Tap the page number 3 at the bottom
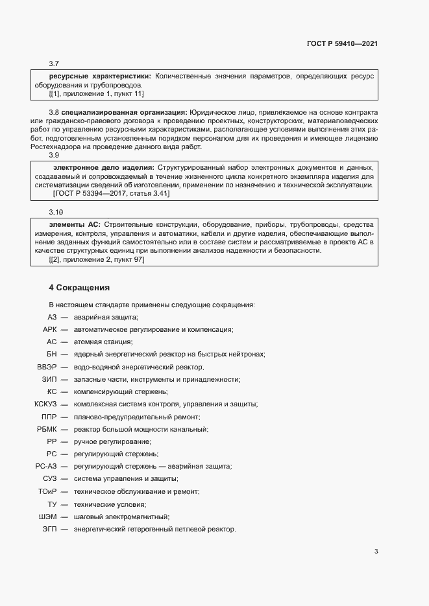(376, 552)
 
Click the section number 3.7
(55, 64)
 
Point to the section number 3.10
(56, 212)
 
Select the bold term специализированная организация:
(125, 112)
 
